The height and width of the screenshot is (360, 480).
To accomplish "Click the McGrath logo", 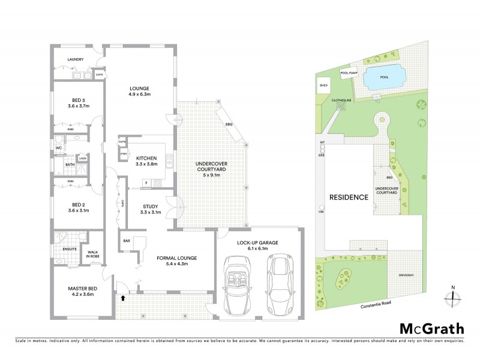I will [x=431, y=328].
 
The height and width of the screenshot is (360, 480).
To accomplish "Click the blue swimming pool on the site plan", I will [x=385, y=77].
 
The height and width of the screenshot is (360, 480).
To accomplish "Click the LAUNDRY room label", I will [x=75, y=59].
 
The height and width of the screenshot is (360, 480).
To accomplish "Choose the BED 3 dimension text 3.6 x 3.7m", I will [x=79, y=106].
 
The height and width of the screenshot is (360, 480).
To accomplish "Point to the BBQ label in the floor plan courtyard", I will [x=229, y=124].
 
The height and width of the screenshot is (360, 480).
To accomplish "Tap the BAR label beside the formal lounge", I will [x=127, y=241].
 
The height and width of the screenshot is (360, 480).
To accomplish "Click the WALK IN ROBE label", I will [x=93, y=254].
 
